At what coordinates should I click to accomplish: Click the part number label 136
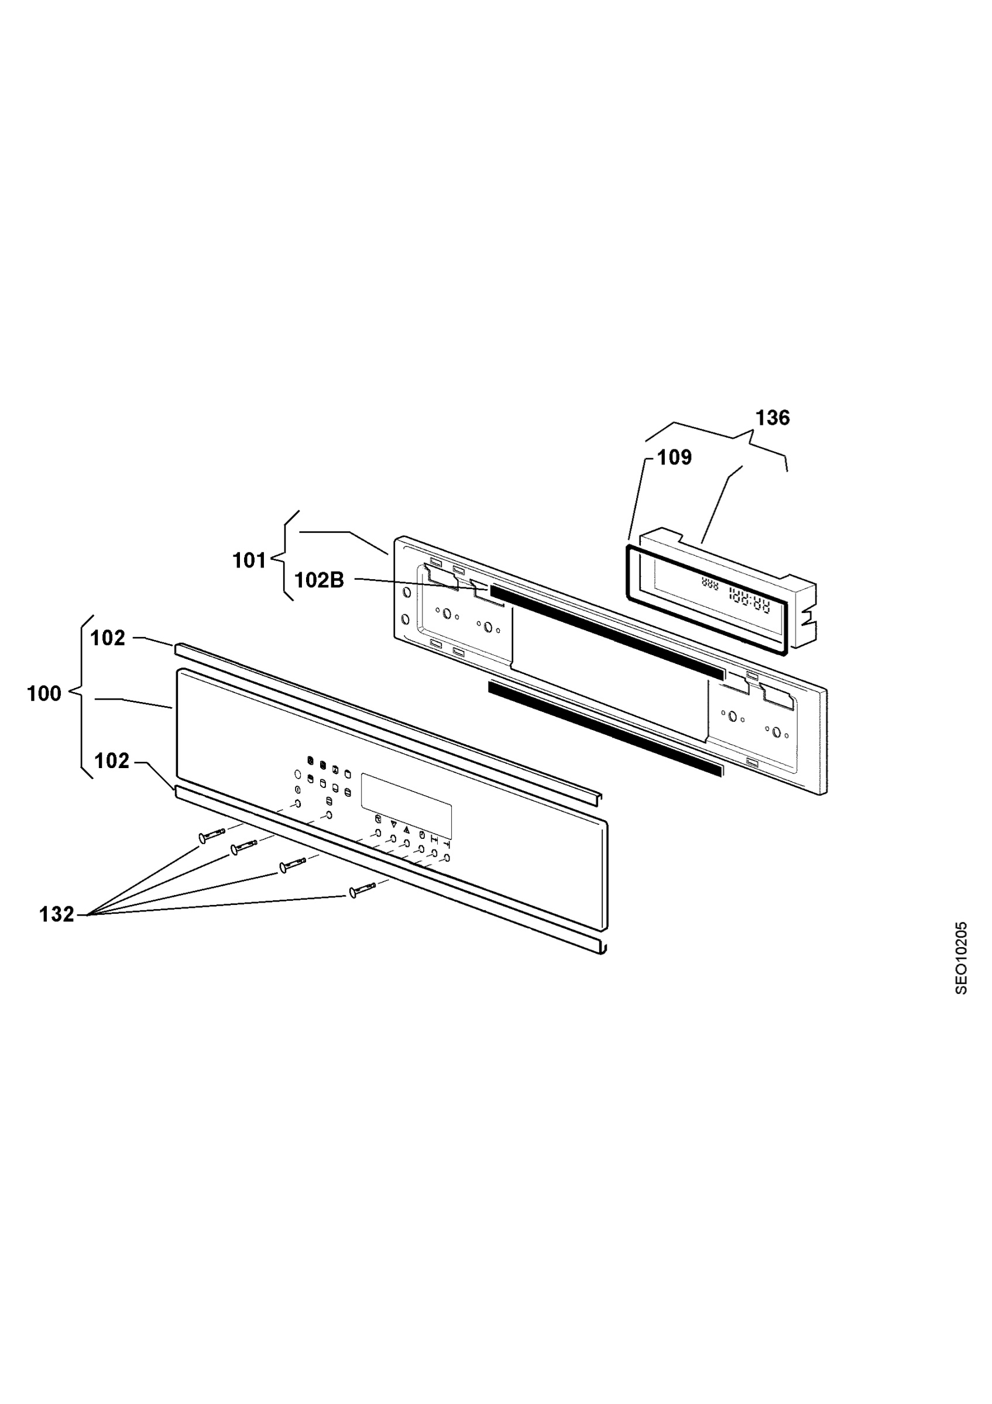(773, 418)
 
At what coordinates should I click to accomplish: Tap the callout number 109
(675, 457)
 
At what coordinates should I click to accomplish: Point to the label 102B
(319, 580)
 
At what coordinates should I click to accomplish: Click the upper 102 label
(108, 638)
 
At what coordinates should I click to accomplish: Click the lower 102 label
(112, 760)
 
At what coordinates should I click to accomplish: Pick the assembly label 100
(44, 693)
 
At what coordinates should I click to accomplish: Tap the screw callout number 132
(56, 914)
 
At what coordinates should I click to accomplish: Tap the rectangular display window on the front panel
(406, 806)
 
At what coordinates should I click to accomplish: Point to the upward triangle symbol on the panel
(407, 829)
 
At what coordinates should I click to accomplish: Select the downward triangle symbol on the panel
(393, 824)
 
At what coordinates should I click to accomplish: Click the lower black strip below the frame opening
(606, 728)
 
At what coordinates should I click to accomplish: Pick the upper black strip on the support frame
(608, 632)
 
